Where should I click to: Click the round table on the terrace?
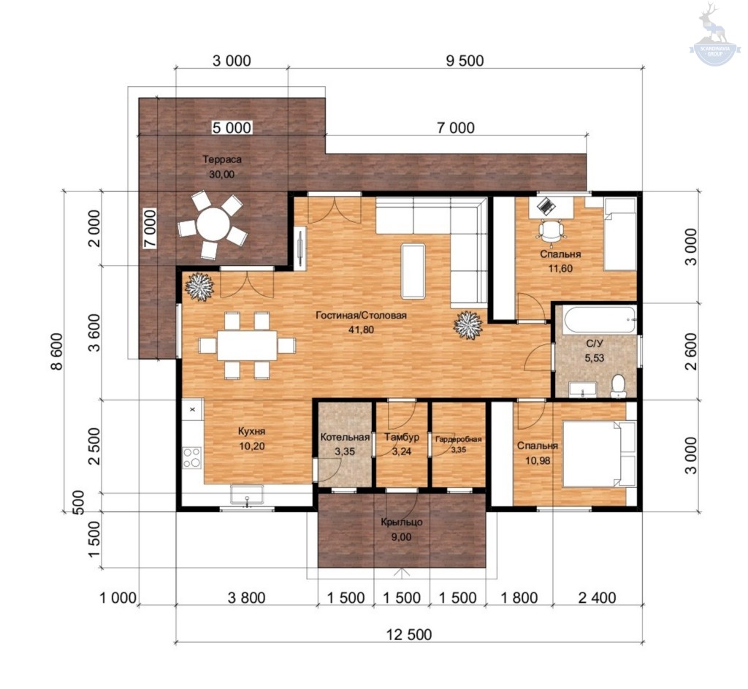pos(213,225)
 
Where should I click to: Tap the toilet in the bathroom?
pos(618,386)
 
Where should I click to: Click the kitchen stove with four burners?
pos(192,457)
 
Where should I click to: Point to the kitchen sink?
pos(247,495)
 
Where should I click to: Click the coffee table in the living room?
pos(413,271)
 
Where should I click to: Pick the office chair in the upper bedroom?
pos(551,230)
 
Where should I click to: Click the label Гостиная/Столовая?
pos(361,316)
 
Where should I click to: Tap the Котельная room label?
pos(345,438)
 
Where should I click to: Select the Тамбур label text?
pos(402,437)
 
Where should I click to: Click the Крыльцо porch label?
pos(402,522)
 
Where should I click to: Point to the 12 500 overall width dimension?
pos(409,634)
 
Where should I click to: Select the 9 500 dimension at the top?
pos(465,61)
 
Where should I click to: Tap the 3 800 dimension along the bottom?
pos(246,598)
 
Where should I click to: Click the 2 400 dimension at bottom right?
pos(598,598)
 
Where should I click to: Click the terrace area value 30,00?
pos(222,175)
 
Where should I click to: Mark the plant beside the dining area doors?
pos(199,286)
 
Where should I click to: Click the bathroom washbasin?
pos(582,389)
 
